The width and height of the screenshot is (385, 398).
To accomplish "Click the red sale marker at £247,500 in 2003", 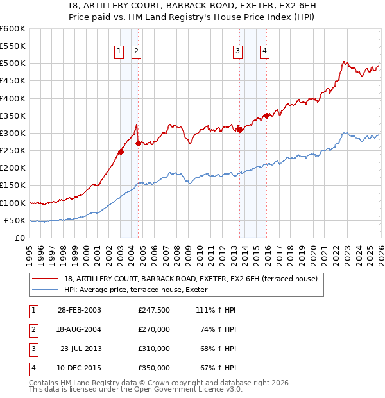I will click(121, 151).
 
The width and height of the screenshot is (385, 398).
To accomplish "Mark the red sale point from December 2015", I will click(266, 116).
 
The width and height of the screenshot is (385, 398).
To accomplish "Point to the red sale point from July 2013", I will click(239, 130).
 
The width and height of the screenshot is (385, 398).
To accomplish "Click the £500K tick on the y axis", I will click(13, 64).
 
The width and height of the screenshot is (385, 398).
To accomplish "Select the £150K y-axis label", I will click(13, 186).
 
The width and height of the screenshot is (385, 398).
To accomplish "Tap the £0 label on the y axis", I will click(20, 238).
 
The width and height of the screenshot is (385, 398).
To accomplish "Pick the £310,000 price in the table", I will click(154, 349).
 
